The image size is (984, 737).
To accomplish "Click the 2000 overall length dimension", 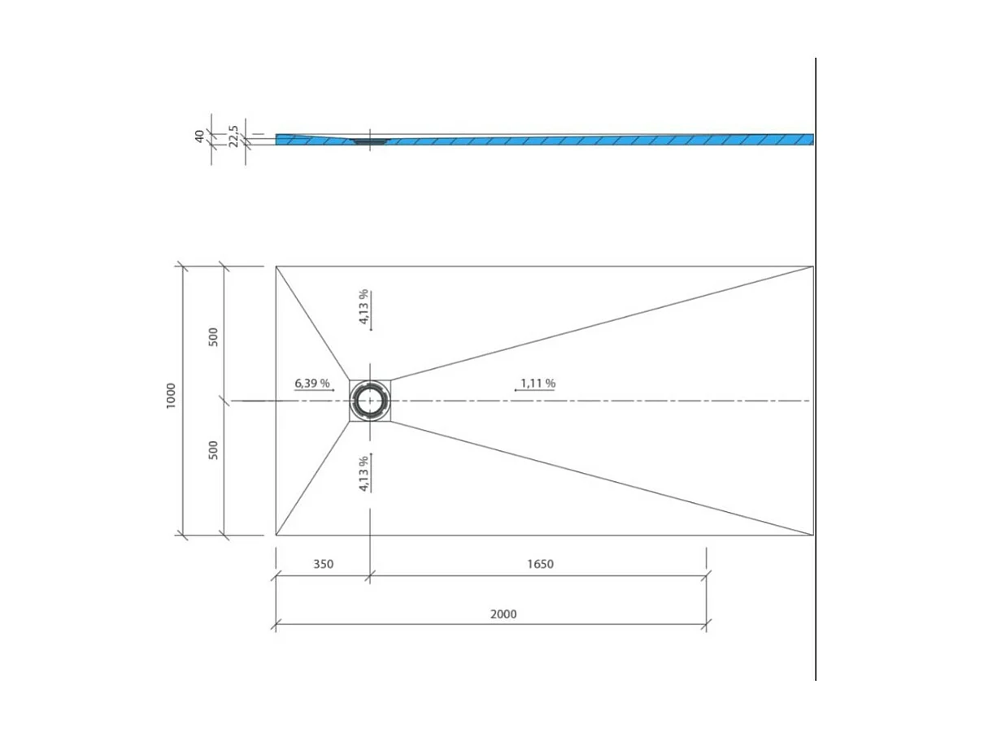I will click(x=503, y=613).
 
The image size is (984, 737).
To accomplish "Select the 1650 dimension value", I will click(x=540, y=564).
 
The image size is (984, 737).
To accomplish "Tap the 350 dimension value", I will click(x=322, y=564).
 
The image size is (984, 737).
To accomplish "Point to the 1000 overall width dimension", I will click(x=171, y=396).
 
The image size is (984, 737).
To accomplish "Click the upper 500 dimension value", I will click(x=213, y=336).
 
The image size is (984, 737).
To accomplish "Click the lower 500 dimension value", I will click(x=213, y=449).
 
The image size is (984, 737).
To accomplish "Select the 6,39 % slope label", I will click(x=311, y=383).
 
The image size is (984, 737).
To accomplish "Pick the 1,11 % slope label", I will click(x=538, y=383).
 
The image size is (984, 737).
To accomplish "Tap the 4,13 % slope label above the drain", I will click(x=364, y=306).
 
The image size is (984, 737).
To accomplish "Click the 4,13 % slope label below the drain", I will click(x=364, y=473).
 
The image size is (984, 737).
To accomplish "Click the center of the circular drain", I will click(x=371, y=401).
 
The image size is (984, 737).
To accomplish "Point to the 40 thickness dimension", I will click(x=199, y=136).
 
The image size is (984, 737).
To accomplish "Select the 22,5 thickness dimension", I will click(x=234, y=136).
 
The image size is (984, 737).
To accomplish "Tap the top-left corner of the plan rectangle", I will click(x=276, y=266).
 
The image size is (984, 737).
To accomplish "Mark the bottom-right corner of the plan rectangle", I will click(x=813, y=535).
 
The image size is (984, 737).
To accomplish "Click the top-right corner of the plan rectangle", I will click(x=813, y=266).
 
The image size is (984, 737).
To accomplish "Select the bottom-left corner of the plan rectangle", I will click(x=276, y=535).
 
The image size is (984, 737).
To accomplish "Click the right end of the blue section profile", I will click(x=812, y=140).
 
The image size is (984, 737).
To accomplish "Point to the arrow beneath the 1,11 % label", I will click(x=534, y=391).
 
